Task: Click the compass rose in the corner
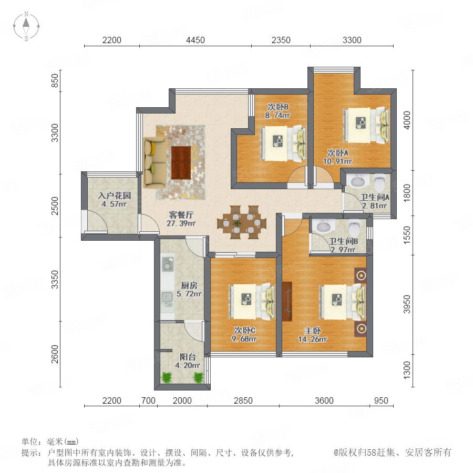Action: tap(26, 26)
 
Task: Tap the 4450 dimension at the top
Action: tap(195, 40)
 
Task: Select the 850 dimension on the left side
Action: tap(55, 80)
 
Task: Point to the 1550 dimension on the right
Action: tap(407, 235)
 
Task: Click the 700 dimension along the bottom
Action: tap(148, 400)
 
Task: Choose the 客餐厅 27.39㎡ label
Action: tap(181, 219)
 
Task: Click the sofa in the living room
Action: tap(155, 162)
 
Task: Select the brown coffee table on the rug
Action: tap(181, 162)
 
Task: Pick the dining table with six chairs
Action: tap(242, 223)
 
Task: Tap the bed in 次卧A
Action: tap(366, 125)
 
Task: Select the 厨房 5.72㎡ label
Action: tap(189, 289)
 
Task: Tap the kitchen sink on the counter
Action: tap(167, 300)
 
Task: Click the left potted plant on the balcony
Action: tap(166, 377)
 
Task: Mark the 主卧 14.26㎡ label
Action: tap(313, 335)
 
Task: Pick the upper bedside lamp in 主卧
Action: tap(361, 275)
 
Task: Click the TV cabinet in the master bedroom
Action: tap(287, 301)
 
